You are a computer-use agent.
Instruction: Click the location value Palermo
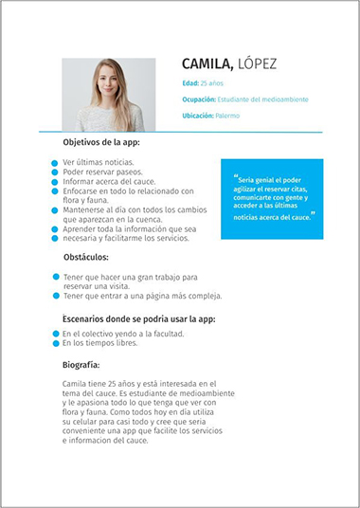click(x=227, y=116)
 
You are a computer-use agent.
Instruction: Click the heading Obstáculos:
click(x=85, y=257)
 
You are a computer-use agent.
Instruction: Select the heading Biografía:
click(x=81, y=363)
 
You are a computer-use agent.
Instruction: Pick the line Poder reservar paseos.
click(x=98, y=172)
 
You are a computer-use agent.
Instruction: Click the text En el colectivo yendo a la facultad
click(x=123, y=334)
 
